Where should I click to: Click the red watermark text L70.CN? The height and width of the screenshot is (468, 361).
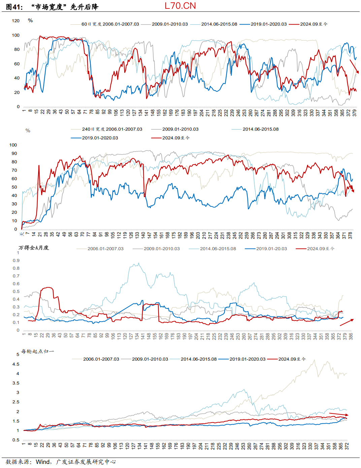(180, 6)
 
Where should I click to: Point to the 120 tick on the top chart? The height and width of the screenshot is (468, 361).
(16, 21)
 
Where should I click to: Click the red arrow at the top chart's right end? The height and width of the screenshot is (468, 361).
(354, 66)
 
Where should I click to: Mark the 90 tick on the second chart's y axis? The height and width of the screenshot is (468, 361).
(14, 154)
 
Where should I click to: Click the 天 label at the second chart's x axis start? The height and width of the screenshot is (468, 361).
(22, 234)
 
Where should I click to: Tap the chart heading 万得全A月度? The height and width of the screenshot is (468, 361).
(34, 248)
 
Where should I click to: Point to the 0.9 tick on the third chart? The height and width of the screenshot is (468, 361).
(16, 261)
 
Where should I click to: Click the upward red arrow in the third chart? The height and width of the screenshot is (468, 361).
(347, 322)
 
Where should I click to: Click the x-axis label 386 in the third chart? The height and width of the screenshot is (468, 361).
(351, 336)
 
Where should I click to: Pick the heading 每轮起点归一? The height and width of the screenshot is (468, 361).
(37, 352)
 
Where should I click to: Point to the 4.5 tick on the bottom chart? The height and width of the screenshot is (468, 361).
(16, 364)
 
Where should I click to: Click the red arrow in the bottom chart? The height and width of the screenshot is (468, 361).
(338, 414)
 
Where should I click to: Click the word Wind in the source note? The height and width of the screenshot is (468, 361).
(43, 462)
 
